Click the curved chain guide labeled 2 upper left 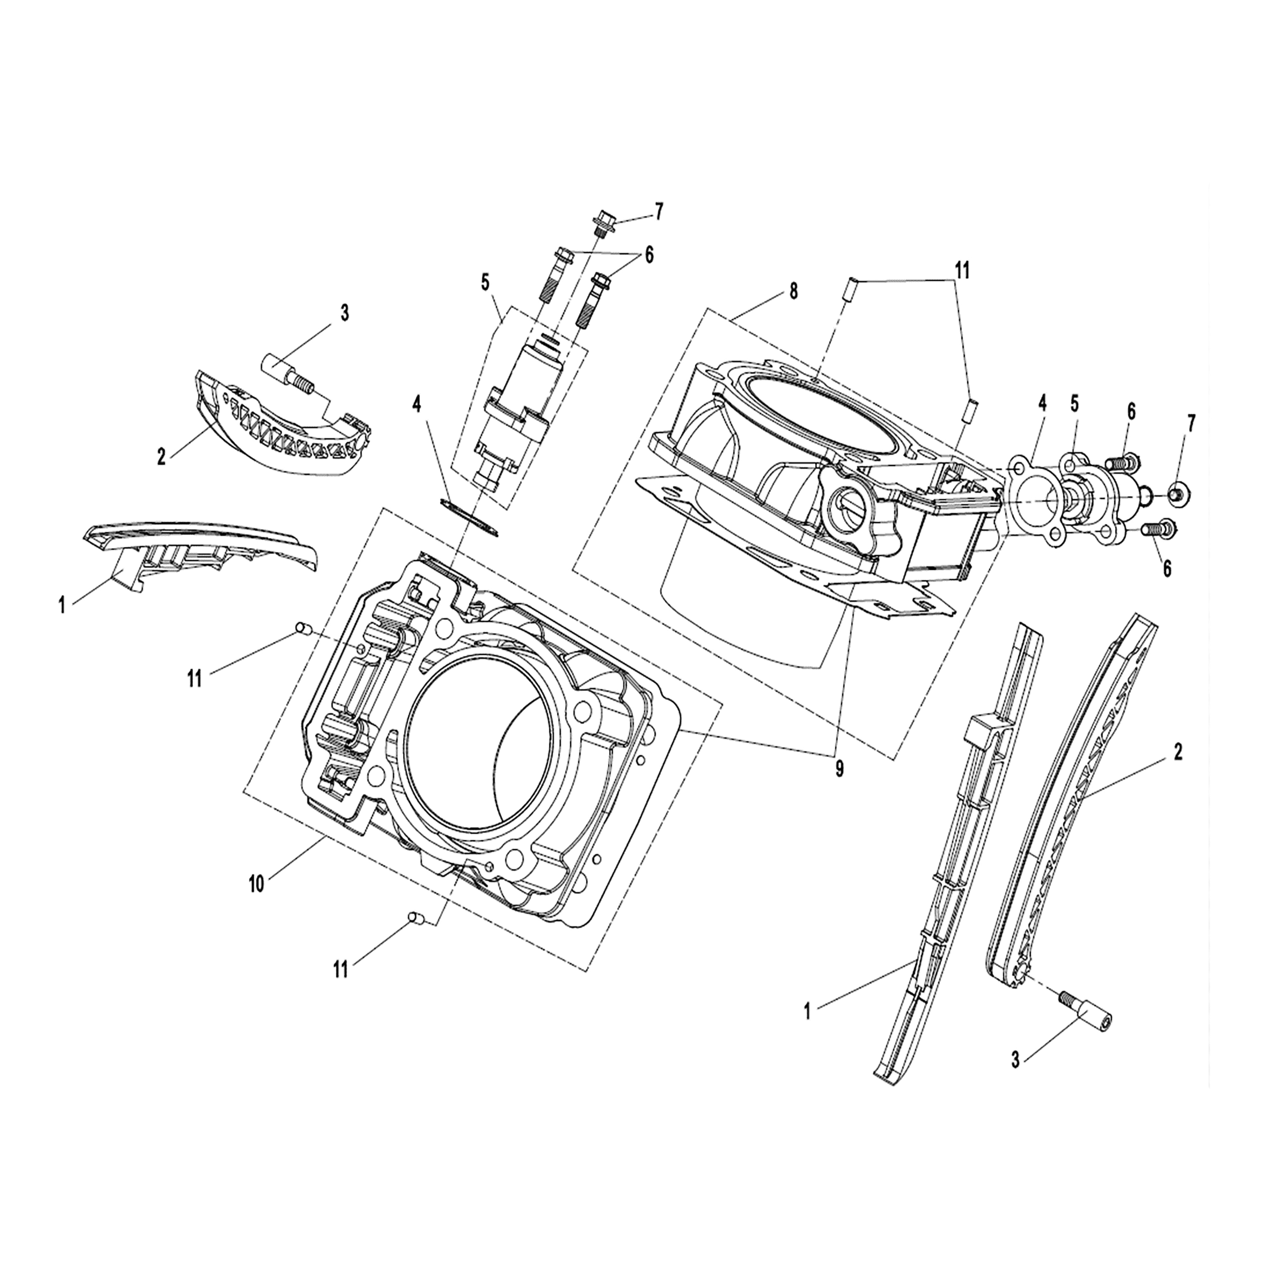tap(281, 431)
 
